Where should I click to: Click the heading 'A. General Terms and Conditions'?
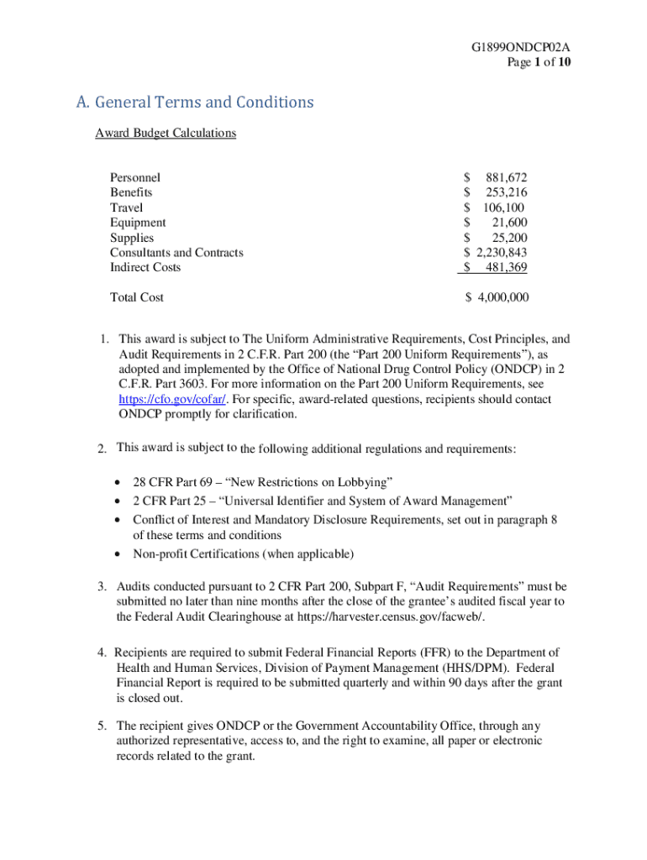(194, 102)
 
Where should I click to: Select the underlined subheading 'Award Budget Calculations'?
(166, 133)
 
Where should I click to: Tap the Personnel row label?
(135, 177)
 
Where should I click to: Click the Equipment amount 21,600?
(509, 223)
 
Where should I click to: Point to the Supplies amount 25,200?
(509, 238)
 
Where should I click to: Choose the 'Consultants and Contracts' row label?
(176, 253)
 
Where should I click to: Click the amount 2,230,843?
(502, 253)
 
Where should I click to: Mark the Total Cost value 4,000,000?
(502, 297)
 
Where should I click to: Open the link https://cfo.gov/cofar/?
(166, 400)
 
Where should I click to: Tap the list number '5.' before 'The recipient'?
(103, 726)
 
